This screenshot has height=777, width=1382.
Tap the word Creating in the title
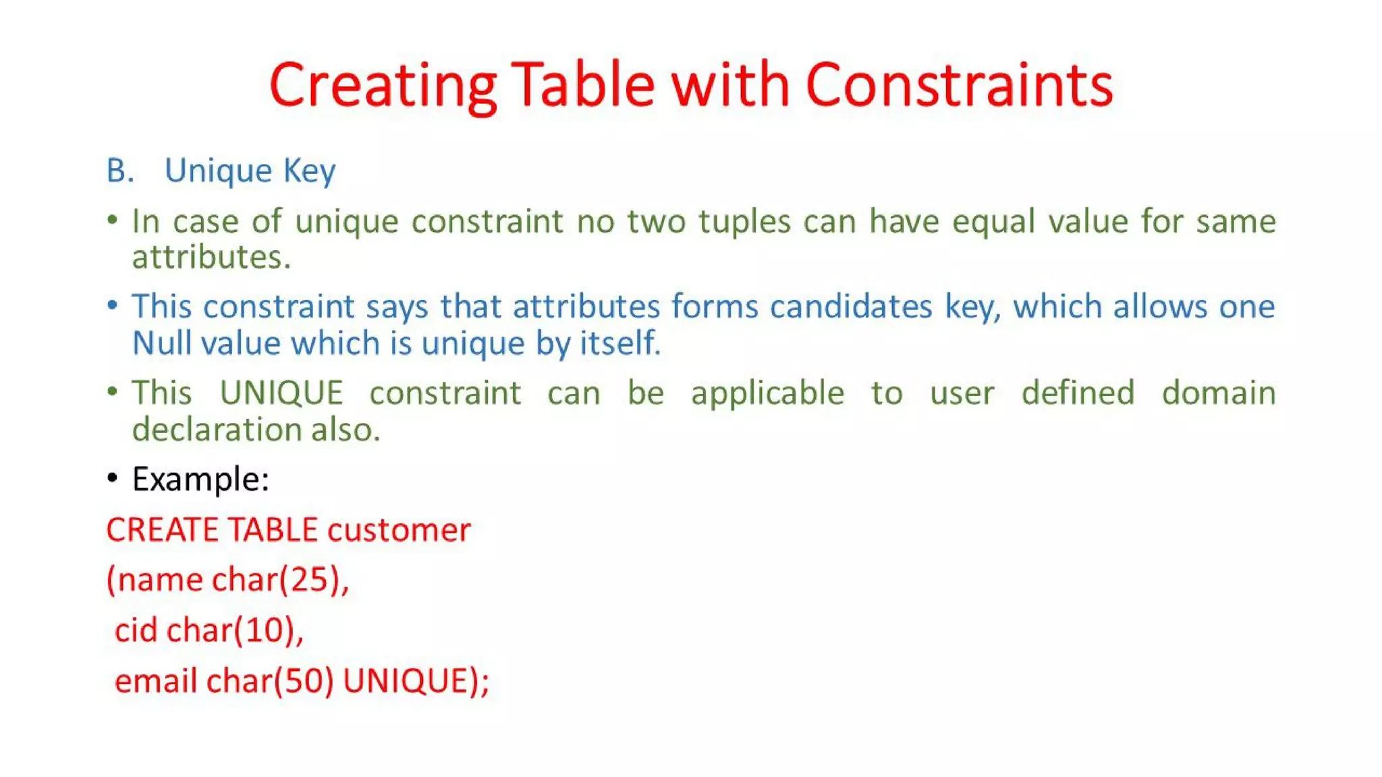(383, 85)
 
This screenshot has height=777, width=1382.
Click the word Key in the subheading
(309, 171)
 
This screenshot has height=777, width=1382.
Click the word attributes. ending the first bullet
(211, 257)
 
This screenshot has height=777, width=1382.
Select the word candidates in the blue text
(851, 307)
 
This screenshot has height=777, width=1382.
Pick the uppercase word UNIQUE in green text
(281, 393)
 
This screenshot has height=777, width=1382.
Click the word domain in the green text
(1218, 393)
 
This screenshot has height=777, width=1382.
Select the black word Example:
(200, 480)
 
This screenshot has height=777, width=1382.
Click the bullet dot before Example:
(113, 478)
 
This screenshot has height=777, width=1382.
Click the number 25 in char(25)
(310, 579)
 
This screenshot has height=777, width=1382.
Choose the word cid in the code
(136, 630)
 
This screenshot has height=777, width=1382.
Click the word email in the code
(155, 681)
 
